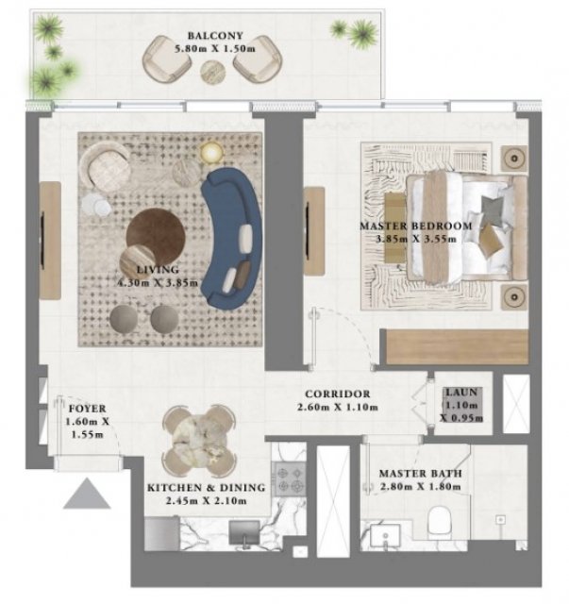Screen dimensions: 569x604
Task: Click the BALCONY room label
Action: pos(215,36)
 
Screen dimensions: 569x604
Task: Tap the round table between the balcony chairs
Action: pos(212,72)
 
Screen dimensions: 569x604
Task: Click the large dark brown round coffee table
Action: pos(156,235)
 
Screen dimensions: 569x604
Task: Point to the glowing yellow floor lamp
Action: pos(211,153)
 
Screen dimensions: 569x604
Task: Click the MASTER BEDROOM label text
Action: pos(416,226)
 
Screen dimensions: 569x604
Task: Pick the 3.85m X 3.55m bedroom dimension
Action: pos(416,239)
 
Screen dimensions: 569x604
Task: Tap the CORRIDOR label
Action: pos(338,394)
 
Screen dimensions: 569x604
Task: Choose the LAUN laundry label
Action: pos(461,393)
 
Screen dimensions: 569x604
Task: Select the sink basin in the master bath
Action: pos(385,534)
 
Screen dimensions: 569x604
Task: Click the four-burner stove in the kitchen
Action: pos(290,478)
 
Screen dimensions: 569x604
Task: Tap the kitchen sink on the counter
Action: pos(244,532)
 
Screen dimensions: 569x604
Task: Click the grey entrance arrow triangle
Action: pos(87,494)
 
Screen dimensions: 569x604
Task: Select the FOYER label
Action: pos(87,409)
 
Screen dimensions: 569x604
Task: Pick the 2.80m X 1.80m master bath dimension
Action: pos(420,487)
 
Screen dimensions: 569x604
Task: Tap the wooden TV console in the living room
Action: pos(50,241)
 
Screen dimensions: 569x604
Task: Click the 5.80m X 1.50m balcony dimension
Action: pos(215,49)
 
